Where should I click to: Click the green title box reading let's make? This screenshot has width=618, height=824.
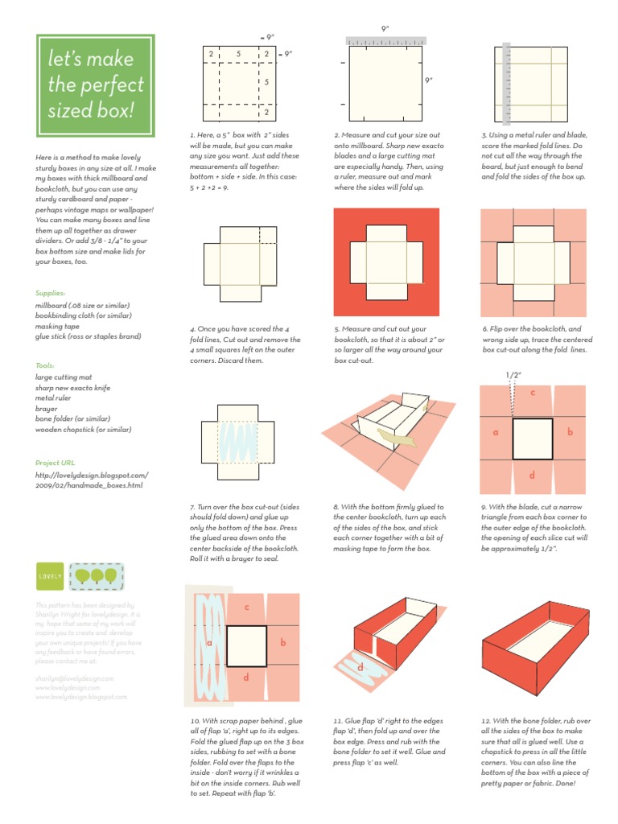(x=95, y=84)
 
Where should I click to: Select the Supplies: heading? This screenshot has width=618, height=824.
(x=49, y=294)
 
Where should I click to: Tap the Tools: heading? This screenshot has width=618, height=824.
(x=45, y=365)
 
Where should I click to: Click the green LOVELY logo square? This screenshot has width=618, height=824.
(x=48, y=577)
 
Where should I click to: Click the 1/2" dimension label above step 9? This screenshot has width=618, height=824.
(x=513, y=375)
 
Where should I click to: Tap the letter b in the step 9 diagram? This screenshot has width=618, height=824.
(x=570, y=433)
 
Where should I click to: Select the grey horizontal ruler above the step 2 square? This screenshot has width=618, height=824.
(x=386, y=39)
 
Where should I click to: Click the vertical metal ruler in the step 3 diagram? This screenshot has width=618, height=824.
(x=507, y=84)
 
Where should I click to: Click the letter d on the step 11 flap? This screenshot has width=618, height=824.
(x=360, y=667)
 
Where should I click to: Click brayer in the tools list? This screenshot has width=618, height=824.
(x=47, y=408)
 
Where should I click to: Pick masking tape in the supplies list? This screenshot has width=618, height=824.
(x=57, y=326)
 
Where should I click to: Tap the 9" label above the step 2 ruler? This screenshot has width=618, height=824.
(x=385, y=28)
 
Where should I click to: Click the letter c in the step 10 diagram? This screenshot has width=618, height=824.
(x=247, y=608)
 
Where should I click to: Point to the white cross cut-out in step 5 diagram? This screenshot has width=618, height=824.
(x=386, y=262)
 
